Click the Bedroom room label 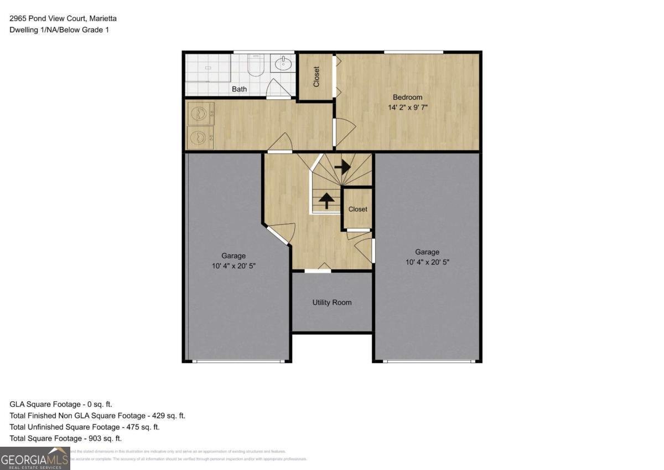407,98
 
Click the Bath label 239,89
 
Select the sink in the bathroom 284,64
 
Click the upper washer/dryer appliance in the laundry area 198,114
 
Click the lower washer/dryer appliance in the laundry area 198,136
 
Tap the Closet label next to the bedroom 317,77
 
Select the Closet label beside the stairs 357,209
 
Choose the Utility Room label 332,303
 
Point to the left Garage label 234,256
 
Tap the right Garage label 427,252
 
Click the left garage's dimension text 234,266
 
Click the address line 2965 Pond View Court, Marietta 63,18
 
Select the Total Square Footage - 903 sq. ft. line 66,438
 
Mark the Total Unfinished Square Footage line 85,427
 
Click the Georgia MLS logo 35,458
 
